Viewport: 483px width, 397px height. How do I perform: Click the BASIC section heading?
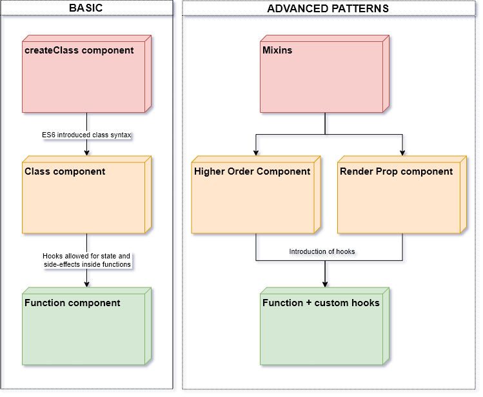[86, 8]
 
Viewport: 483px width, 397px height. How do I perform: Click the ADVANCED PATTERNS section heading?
[328, 8]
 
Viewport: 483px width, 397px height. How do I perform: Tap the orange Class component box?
[84, 197]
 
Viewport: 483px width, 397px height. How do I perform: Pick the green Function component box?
[84, 328]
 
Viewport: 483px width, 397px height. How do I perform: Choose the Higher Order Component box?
[253, 197]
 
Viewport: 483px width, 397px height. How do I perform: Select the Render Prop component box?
[399, 197]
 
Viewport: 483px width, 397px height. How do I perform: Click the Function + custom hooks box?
[322, 328]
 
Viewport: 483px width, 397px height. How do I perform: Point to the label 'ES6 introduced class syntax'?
[86, 135]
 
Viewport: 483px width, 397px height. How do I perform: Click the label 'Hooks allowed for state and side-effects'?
[86, 260]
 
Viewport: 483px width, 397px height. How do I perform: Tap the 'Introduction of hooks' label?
[322, 251]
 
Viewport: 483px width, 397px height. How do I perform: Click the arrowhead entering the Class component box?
[86, 153]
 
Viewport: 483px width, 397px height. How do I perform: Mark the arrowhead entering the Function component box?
[86, 284]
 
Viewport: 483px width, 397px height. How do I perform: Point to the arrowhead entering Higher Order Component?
[256, 153]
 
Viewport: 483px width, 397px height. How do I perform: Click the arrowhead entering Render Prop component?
[402, 153]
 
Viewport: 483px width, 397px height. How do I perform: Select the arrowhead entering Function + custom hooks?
[325, 284]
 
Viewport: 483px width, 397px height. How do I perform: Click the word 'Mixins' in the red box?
[277, 50]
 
